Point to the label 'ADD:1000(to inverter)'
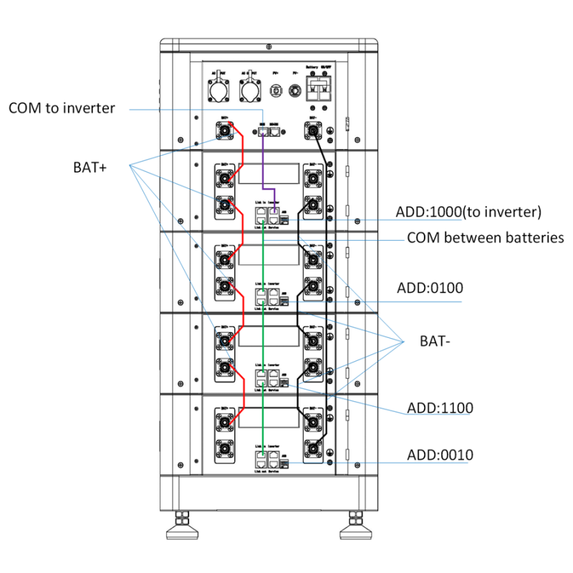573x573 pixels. pos(468,212)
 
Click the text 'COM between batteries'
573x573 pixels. pos(485,238)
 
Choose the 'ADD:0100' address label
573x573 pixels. pos(430,288)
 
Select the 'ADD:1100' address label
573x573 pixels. pos(439,408)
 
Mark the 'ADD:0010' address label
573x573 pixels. pos(440,455)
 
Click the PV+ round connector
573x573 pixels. pos(275,92)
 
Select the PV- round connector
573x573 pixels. pos(294,92)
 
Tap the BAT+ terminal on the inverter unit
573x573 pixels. pos(225,131)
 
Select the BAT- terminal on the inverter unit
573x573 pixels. pos(313,131)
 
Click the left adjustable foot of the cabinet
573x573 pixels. pos(183,526)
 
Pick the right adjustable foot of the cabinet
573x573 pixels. pos(356,526)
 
